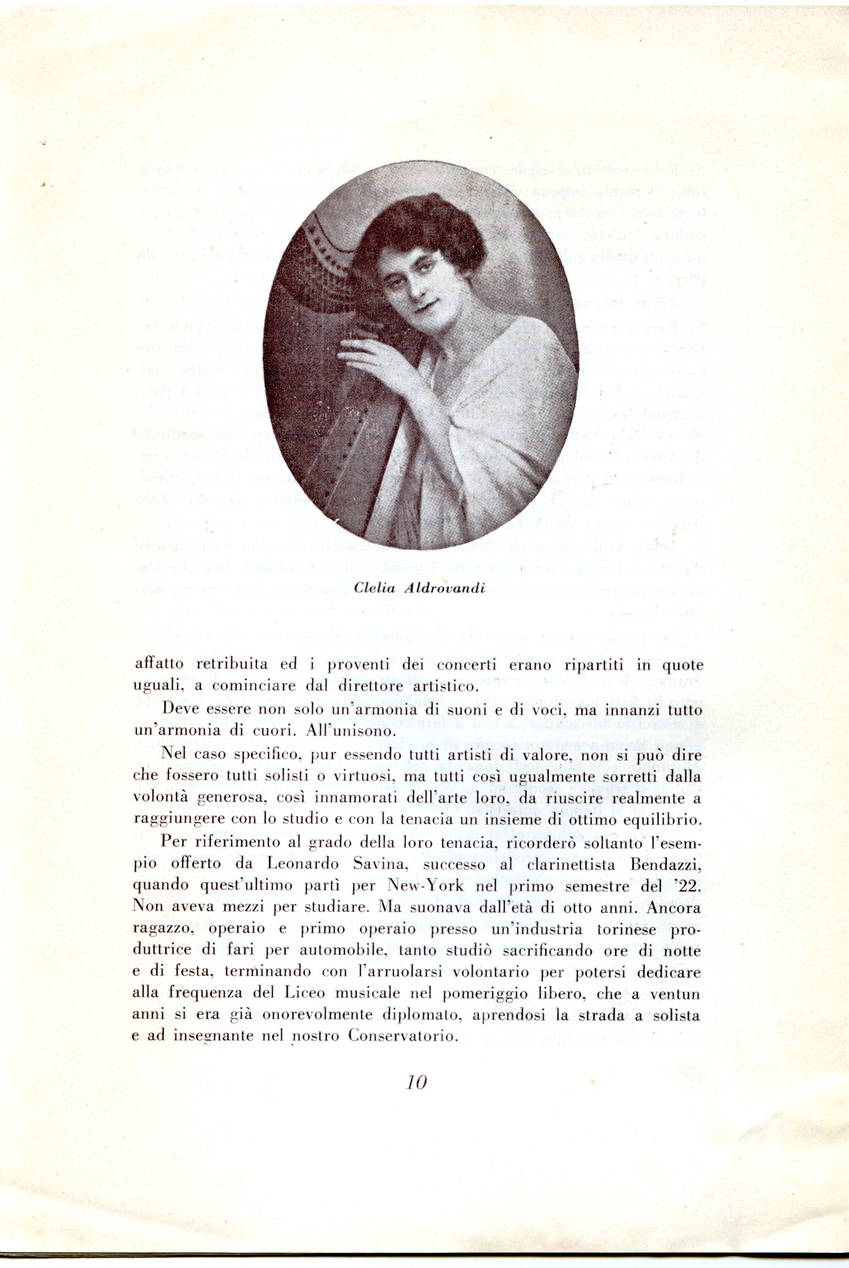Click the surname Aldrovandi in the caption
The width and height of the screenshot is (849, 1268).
tap(444, 588)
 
